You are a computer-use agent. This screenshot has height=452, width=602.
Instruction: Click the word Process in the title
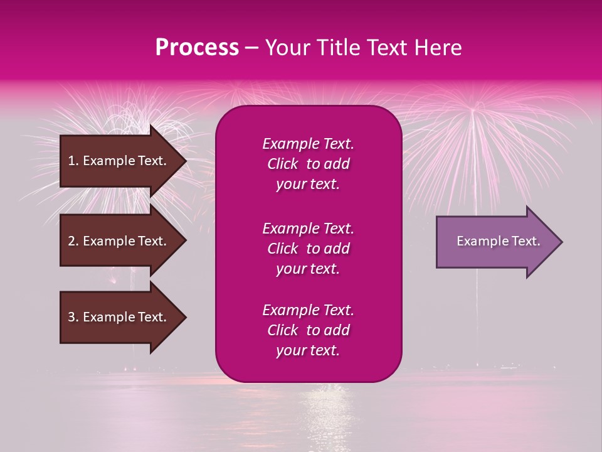coord(197,48)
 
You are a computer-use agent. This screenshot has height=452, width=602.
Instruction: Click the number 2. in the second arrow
coord(73,241)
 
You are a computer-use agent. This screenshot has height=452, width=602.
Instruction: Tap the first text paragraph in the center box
coord(308,164)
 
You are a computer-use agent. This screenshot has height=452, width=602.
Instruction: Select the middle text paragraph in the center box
coord(308,249)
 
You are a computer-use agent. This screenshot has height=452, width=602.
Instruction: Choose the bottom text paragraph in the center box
coord(308,330)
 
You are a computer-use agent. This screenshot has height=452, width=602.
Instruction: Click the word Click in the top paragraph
coord(283,164)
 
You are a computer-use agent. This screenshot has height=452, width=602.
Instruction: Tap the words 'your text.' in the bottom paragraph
coord(308,351)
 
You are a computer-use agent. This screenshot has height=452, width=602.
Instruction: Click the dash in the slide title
coord(252,48)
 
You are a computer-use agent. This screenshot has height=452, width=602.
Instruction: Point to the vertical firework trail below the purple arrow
coord(477,301)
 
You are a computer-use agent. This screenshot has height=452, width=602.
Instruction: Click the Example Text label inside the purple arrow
coord(498,241)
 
